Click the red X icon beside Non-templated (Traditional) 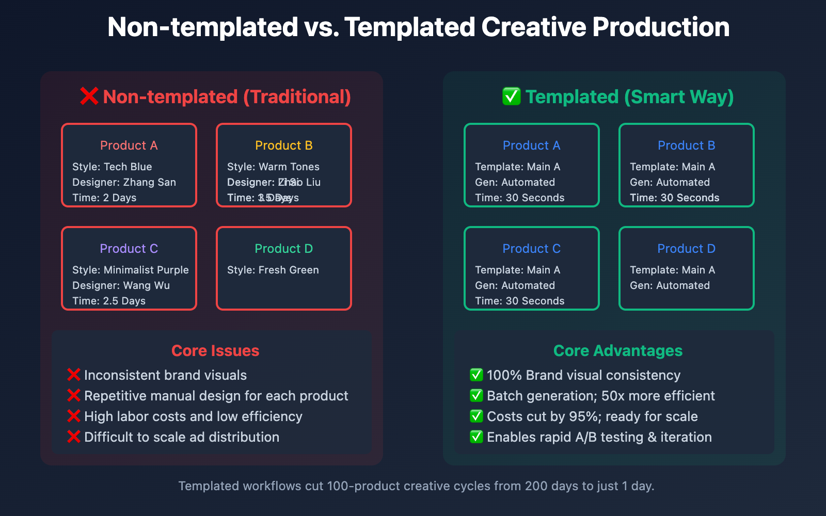click(89, 96)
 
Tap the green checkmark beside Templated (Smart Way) click(511, 96)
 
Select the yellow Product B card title click(283, 146)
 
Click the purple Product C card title click(129, 249)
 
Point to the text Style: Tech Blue click(112, 167)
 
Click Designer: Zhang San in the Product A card click(124, 182)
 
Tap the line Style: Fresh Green click(273, 270)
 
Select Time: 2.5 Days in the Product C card click(109, 301)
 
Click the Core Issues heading click(215, 351)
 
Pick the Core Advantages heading click(617, 351)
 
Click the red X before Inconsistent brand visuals click(74, 375)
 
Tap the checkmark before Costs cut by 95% click(476, 416)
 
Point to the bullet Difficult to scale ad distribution click(181, 437)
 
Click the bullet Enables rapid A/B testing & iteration click(599, 437)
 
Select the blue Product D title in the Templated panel click(686, 249)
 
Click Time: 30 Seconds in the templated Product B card click(674, 198)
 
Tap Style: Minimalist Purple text click(130, 270)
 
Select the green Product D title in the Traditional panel click(283, 249)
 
